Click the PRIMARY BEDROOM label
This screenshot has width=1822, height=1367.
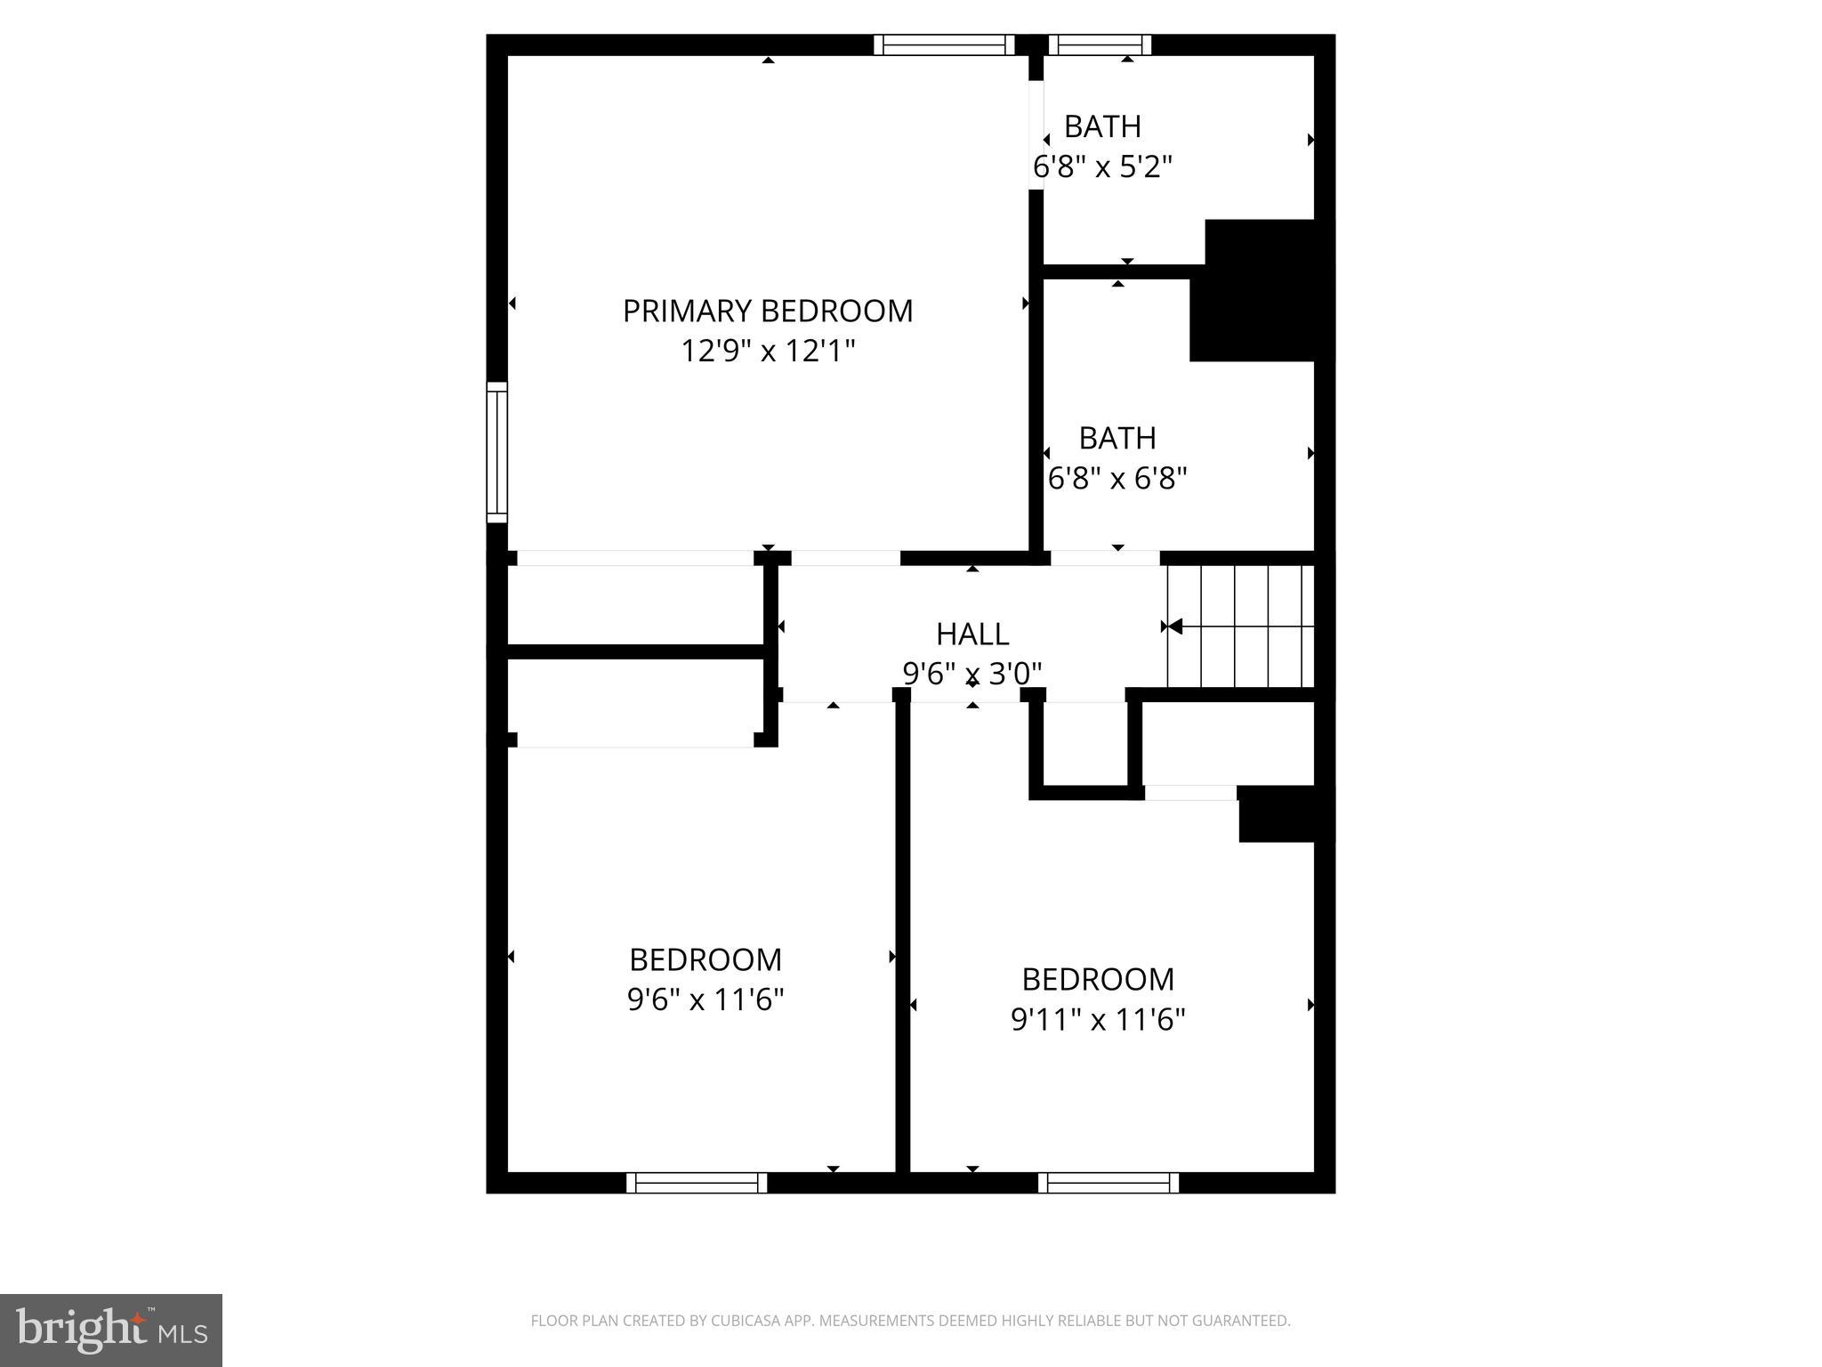tap(767, 311)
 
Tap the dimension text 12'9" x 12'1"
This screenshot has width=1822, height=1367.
tap(767, 352)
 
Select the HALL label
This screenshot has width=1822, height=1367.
tap(971, 635)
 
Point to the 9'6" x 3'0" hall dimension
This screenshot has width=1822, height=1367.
tap(971, 674)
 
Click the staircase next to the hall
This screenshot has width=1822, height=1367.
tap(1241, 627)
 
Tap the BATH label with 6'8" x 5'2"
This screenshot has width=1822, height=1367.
tap(1102, 127)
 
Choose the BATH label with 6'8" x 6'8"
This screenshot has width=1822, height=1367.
tap(1117, 439)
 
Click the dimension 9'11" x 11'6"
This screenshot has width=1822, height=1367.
tap(1098, 1019)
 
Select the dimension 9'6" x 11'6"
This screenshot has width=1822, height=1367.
tap(705, 1000)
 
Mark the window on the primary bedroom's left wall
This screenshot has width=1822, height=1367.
tap(496, 452)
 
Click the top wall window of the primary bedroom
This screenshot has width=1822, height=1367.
tap(944, 44)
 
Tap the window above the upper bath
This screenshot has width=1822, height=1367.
tap(1100, 44)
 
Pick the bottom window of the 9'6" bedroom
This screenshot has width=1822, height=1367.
tap(697, 1183)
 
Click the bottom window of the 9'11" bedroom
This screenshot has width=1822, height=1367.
tap(1109, 1183)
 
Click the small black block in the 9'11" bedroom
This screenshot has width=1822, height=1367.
tap(1278, 813)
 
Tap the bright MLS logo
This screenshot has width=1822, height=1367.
tap(111, 1331)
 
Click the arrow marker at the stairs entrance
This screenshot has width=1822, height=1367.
tap(1173, 627)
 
